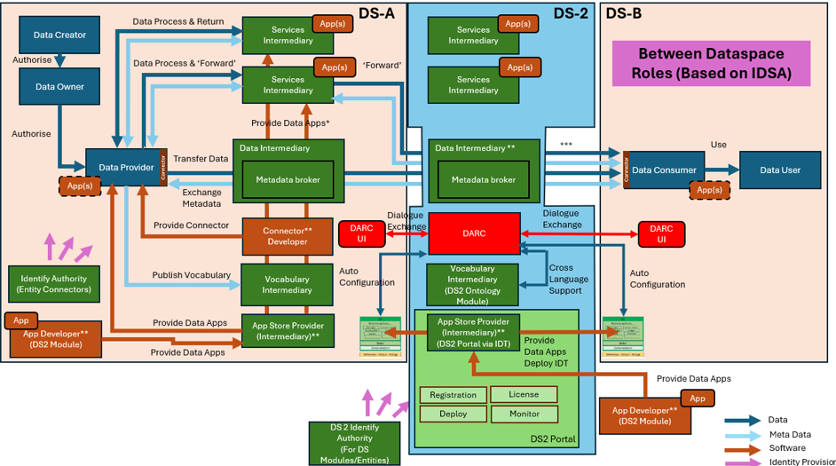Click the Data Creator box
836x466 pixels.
coord(59,36)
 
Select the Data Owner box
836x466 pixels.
coord(59,87)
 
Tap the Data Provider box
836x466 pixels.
coord(122,167)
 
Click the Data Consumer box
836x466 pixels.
coord(664,170)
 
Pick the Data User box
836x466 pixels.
coord(778,170)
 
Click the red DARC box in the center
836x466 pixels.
coord(474,233)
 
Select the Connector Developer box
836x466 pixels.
coord(282,236)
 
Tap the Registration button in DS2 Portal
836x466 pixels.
coord(453,395)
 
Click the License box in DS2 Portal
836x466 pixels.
coord(524,395)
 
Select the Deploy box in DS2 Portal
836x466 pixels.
coord(453,414)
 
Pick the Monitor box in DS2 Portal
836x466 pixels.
coord(524,414)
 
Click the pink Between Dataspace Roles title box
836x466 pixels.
coord(711,64)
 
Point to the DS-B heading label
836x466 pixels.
coord(623,13)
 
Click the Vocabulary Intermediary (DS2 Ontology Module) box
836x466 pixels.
coord(473,285)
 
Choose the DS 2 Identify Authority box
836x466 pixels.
coord(354,442)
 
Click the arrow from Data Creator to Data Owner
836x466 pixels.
coord(59,61)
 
